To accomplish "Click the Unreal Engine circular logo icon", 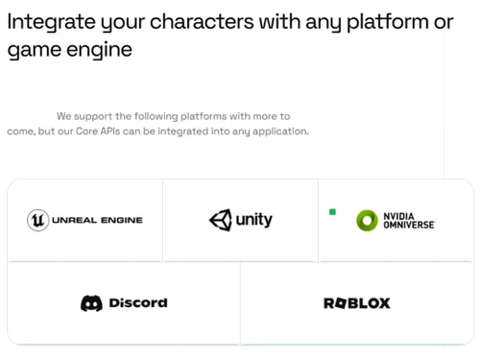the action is [x=37, y=220].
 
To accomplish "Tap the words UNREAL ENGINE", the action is [x=97, y=220].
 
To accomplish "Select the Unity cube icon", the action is [x=220, y=220].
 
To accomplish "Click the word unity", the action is [x=253, y=220].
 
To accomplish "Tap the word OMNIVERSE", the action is [x=409, y=225].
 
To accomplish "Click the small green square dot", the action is [x=332, y=211].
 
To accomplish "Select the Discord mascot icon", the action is [x=91, y=303].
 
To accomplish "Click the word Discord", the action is [x=138, y=303].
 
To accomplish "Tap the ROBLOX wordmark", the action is [x=357, y=303].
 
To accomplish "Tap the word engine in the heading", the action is [x=100, y=50].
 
